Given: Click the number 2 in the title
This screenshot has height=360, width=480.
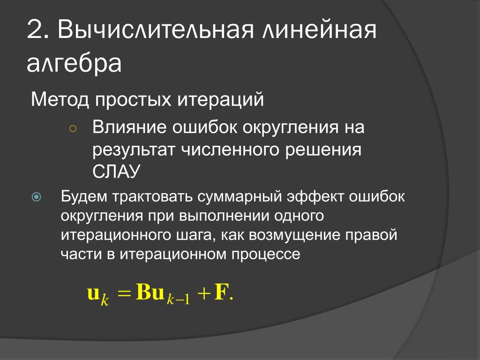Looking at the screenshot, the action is [35, 30].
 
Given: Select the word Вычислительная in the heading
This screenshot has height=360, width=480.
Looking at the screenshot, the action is [156, 30].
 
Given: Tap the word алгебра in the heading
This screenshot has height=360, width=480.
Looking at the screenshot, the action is [74, 63].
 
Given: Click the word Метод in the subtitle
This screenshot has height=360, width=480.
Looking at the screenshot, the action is [60, 99].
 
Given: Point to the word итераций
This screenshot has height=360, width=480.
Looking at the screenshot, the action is [220, 99].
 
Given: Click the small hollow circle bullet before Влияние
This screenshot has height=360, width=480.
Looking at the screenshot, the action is [73, 129].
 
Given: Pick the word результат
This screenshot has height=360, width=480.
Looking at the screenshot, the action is [134, 150].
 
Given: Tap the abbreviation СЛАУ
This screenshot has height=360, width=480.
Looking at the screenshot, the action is [116, 171].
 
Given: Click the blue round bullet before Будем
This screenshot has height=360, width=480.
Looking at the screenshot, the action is [36, 197].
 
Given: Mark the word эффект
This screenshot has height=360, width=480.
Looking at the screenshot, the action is [315, 196].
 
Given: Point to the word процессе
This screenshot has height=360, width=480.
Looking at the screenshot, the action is [266, 255].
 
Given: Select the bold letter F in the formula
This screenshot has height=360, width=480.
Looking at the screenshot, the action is [221, 292].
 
